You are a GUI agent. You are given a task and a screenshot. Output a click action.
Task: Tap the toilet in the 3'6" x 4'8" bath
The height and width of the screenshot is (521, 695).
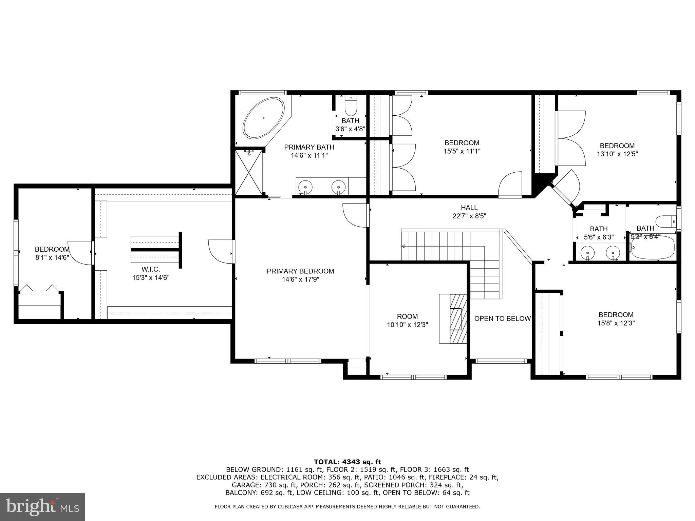click(x=351, y=106)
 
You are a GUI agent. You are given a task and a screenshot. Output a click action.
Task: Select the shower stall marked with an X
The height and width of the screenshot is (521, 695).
click(x=249, y=172)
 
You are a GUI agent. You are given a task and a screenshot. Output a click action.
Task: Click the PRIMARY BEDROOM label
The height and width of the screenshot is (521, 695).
click(x=300, y=271)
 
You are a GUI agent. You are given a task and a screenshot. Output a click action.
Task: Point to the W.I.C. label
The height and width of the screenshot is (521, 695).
click(x=151, y=269)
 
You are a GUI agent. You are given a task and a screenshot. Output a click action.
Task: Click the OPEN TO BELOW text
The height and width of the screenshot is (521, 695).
click(x=502, y=319)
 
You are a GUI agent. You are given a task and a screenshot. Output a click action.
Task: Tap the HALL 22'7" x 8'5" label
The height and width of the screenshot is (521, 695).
click(x=469, y=212)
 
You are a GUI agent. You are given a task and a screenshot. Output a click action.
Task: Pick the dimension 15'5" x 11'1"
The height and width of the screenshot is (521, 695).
click(x=462, y=151)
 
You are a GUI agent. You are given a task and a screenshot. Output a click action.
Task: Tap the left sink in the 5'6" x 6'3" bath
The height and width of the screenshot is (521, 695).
click(x=587, y=253)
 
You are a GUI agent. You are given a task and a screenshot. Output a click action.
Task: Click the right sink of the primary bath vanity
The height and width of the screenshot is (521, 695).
click(x=338, y=186)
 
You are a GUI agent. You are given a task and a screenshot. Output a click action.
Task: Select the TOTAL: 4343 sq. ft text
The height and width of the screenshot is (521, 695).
click(x=347, y=462)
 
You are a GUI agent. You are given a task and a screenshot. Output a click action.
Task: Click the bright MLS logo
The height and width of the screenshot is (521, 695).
click(x=42, y=507)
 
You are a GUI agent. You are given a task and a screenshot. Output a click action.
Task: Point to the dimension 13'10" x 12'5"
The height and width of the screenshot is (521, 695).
click(x=617, y=154)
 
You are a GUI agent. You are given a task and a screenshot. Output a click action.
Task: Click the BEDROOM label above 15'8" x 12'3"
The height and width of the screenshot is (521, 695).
click(x=616, y=314)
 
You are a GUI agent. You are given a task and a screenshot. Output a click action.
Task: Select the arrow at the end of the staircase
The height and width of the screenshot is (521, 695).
click(x=403, y=246)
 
